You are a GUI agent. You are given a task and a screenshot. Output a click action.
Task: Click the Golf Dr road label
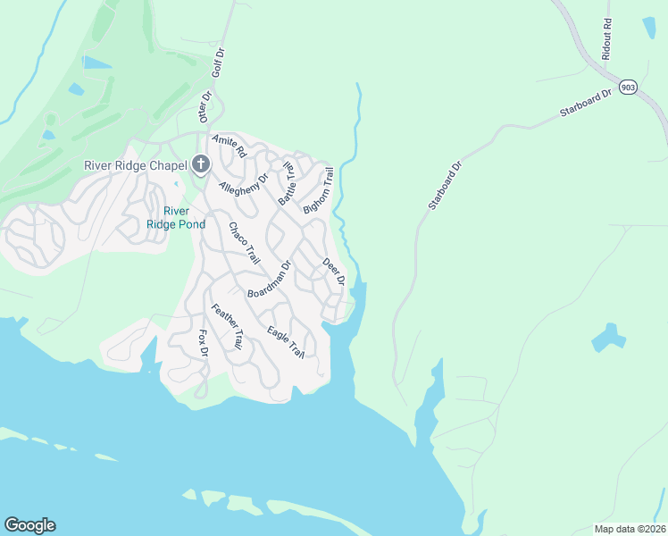tap(216, 66)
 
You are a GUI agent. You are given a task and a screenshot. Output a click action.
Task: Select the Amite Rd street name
tap(229, 147)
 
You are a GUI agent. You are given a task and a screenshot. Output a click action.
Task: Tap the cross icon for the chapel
tap(200, 164)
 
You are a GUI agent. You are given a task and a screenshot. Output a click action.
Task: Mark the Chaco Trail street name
tap(244, 243)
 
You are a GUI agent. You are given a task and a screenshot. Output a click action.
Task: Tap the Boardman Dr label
tap(270, 280)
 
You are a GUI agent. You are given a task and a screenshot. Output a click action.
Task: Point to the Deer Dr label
tap(334, 272)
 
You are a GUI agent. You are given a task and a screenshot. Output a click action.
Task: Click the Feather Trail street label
tap(226, 326)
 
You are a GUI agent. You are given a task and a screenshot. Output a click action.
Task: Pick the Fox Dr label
tap(203, 344)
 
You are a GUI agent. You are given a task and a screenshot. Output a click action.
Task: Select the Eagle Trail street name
tap(286, 343)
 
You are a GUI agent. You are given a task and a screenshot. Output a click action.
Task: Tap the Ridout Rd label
tap(607, 38)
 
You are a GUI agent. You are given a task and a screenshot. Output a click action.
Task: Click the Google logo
tap(29, 525)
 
